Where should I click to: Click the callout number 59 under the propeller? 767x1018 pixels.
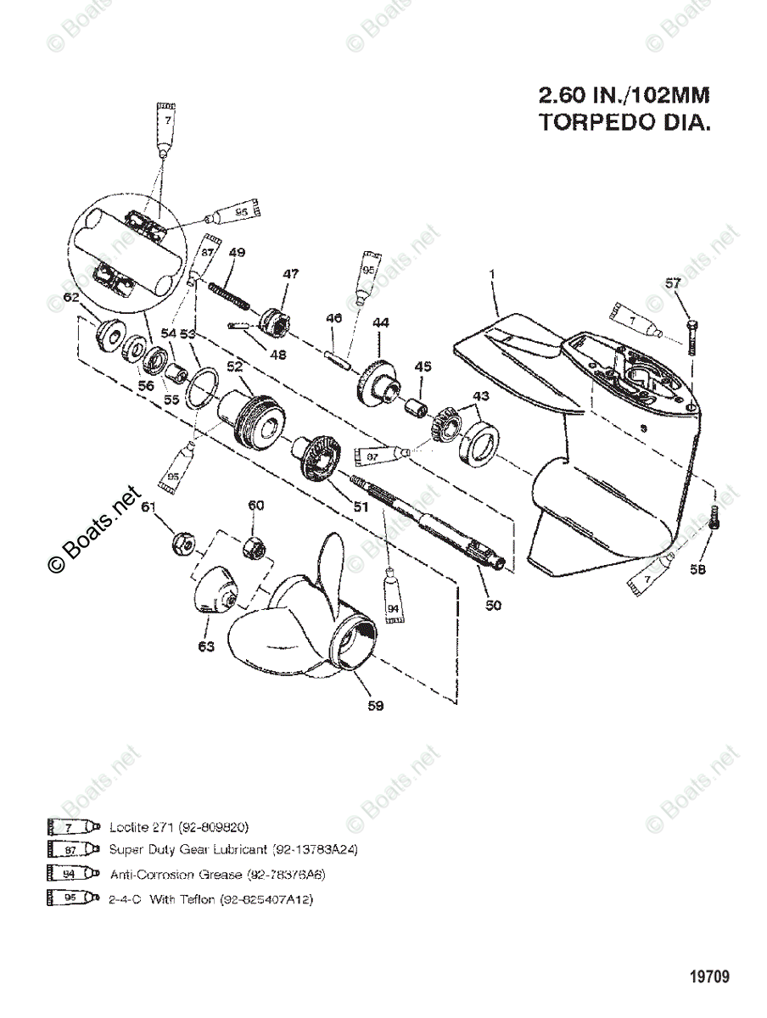coord(375,706)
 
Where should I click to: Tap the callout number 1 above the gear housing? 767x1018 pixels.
coord(490,275)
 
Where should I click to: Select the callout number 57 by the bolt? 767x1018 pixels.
coord(673,283)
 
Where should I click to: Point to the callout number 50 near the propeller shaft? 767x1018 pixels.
coord(494,605)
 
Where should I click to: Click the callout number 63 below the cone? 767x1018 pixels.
coord(206,646)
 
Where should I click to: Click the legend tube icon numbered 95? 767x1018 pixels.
coord(75,898)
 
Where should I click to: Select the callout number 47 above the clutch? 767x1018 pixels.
coord(291,274)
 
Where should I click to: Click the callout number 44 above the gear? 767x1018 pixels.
coord(380,323)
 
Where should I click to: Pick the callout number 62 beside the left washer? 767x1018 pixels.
coord(71,298)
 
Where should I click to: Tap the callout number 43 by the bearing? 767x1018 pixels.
coord(481,396)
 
